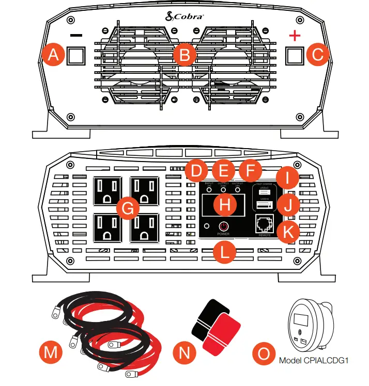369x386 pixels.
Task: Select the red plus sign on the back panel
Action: (294, 36)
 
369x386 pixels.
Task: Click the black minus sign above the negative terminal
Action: (76, 36)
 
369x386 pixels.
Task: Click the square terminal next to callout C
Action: (294, 56)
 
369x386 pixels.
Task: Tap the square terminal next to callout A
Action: (76, 56)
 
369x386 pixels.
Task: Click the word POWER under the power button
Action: (223, 234)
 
